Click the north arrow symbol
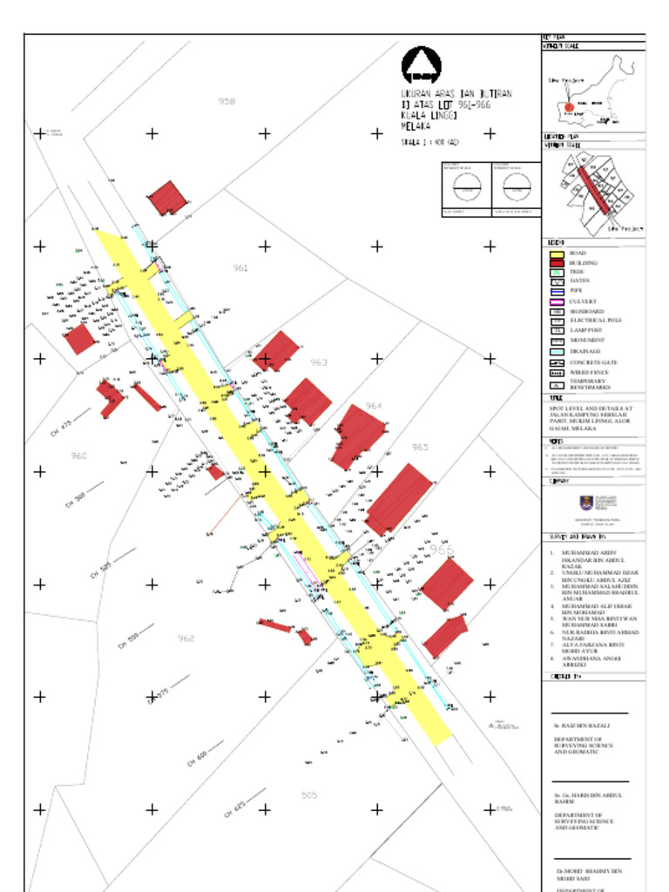click(x=421, y=66)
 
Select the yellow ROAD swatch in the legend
click(x=557, y=253)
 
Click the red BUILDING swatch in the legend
click(x=557, y=263)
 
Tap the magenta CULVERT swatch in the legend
click(x=557, y=301)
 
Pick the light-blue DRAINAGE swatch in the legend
click(x=557, y=351)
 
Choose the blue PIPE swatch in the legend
click(x=557, y=292)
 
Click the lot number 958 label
click(x=226, y=102)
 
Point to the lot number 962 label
click(x=186, y=639)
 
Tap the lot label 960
click(x=78, y=456)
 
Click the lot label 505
click(x=309, y=795)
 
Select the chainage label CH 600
click(x=198, y=759)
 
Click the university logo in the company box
click(x=591, y=504)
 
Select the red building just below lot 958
click(x=166, y=198)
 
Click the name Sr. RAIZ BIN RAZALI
click(x=582, y=725)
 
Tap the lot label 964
click(x=374, y=407)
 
